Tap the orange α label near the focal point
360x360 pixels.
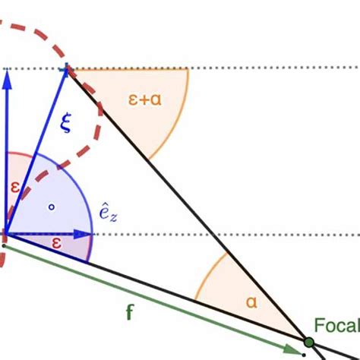coord(252,301)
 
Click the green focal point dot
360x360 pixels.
coord(309,343)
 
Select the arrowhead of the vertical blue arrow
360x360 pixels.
coord(8,77)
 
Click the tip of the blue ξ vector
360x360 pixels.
coord(68,69)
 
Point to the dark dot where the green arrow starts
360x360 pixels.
coord(4,245)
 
